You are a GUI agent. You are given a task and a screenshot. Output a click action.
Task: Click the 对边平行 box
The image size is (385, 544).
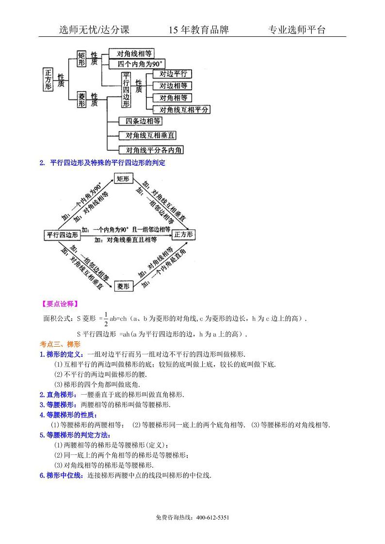[x=172, y=74]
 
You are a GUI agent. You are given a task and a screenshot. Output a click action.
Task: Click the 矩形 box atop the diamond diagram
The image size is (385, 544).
[x=123, y=179]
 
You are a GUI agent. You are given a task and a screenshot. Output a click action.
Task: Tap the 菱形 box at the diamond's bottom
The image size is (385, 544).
[x=123, y=287]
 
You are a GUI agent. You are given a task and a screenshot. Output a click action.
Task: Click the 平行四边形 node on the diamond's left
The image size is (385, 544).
[x=61, y=235]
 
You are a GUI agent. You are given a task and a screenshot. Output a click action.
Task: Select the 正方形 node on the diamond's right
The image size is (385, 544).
[x=184, y=235]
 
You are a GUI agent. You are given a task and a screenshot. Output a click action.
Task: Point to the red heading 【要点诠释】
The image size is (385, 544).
[x=58, y=304]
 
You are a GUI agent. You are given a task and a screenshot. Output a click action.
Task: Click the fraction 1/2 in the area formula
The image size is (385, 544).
[x=106, y=319]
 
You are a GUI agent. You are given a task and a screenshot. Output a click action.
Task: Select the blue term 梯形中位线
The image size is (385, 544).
[x=63, y=476]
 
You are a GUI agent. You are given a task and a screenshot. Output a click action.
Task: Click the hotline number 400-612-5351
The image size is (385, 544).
[x=213, y=518]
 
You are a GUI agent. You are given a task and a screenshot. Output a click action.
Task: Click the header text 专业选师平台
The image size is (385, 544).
[x=297, y=30]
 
